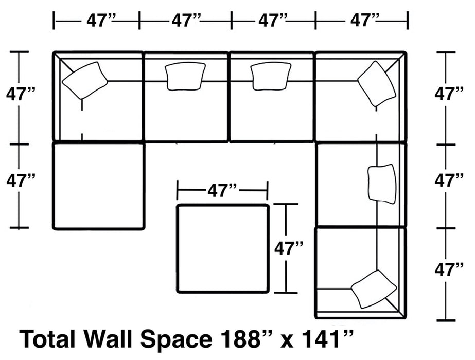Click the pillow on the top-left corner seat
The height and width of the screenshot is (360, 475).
(84, 80)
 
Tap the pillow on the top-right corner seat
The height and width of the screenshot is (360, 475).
(377, 84)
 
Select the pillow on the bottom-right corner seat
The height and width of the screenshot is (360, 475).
(374, 289)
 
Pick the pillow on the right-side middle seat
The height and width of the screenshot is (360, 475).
(382, 184)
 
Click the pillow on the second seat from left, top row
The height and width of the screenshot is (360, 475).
(186, 76)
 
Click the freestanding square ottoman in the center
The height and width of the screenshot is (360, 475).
(222, 248)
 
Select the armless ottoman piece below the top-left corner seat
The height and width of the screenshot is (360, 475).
(98, 186)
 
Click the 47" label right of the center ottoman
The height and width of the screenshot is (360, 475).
(288, 249)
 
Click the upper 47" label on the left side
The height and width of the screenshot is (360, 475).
(21, 95)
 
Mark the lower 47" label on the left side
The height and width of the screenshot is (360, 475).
(21, 181)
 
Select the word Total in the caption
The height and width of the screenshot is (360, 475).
(44, 339)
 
